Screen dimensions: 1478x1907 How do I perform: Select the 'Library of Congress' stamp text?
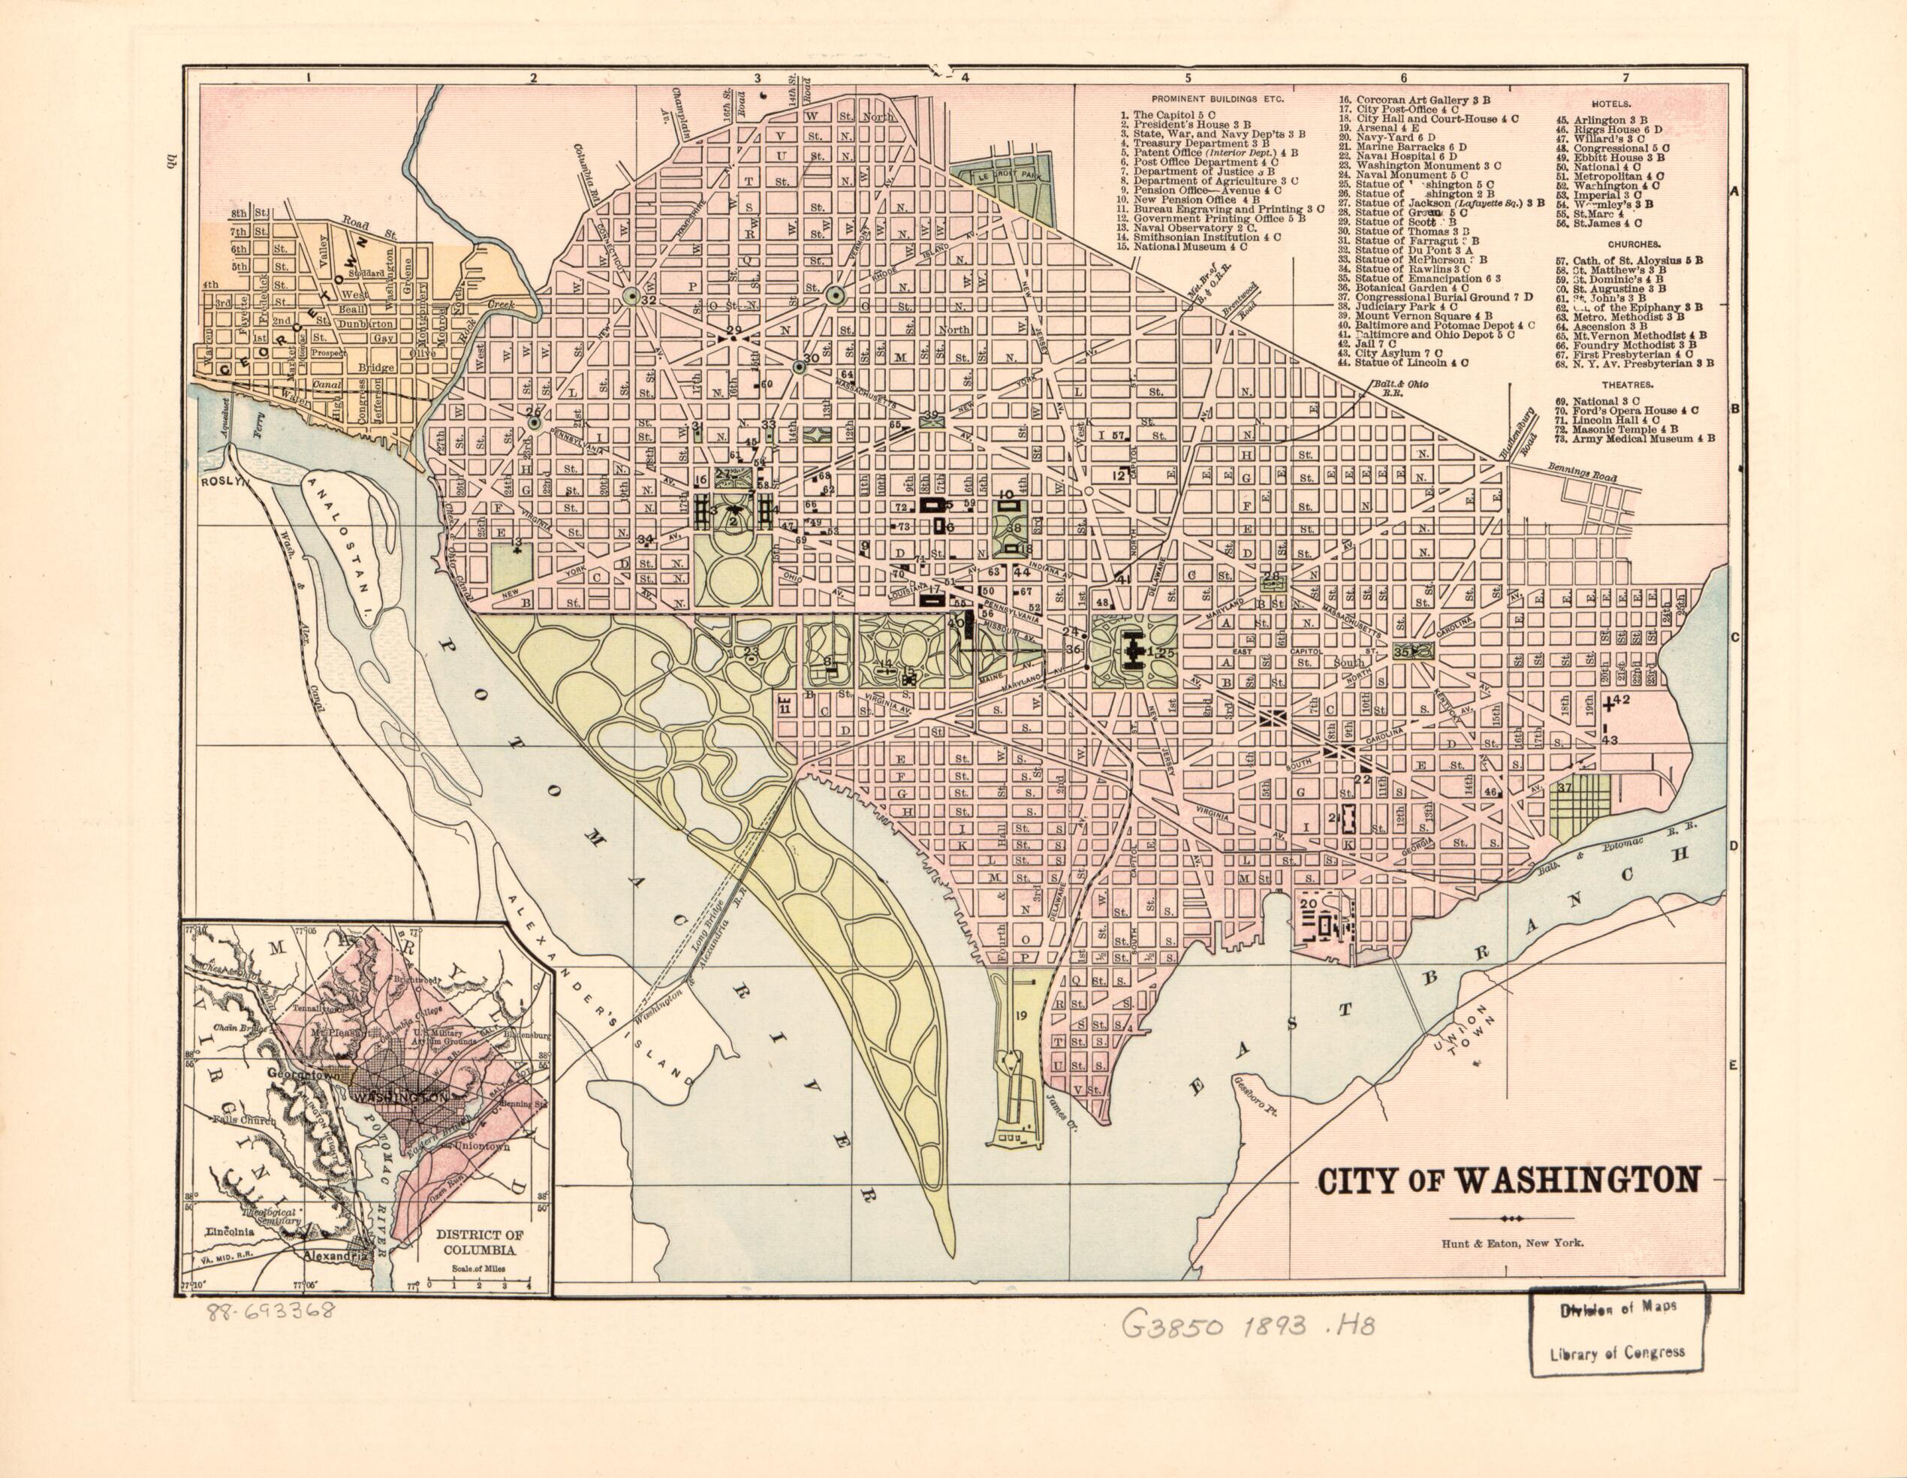tap(1617, 1353)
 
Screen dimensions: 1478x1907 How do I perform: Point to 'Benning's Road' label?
tap(1580, 475)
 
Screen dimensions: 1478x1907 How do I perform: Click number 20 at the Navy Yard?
tap(1307, 904)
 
